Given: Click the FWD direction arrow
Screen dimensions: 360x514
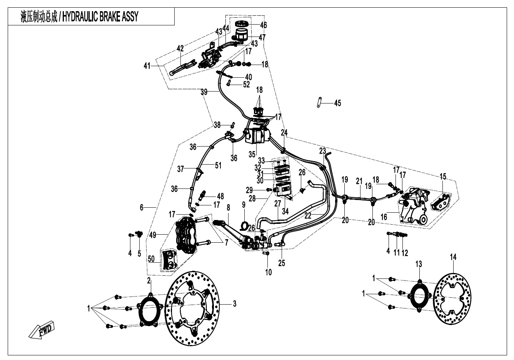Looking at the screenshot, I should [x=42, y=330].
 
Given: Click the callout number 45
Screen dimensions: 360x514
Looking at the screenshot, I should [x=337, y=103].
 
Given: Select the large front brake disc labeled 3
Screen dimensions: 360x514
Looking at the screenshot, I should [x=192, y=304].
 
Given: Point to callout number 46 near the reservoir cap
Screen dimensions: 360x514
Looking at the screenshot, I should [x=263, y=25].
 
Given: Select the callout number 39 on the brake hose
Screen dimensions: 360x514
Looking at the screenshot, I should [x=204, y=92].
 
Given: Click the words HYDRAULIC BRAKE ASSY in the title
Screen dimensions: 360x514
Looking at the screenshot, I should [x=100, y=17].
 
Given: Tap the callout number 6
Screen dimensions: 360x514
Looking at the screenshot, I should [x=142, y=207].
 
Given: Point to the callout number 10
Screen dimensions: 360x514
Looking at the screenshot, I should [x=268, y=272].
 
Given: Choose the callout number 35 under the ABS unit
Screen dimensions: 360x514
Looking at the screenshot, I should [x=252, y=154].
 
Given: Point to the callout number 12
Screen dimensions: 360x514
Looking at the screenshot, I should [x=405, y=253].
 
